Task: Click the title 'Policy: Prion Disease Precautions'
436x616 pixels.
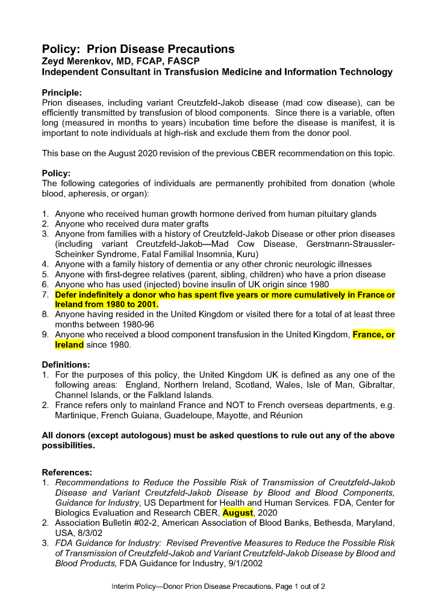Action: (138, 49)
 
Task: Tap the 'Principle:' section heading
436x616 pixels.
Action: (61, 93)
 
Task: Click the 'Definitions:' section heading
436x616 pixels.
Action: (66, 365)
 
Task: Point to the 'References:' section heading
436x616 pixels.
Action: (67, 472)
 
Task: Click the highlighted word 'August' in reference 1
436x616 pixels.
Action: (237, 512)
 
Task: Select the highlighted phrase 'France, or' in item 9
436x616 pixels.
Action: (373, 335)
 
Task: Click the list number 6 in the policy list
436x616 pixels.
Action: (45, 284)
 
